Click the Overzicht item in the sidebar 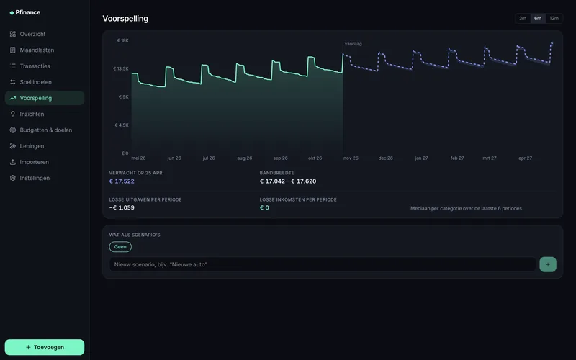(32, 34)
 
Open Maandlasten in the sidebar (37, 50)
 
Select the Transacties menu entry (35, 66)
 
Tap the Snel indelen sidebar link (35, 82)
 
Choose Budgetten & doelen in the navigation (45, 130)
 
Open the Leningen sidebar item (32, 146)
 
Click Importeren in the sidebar (34, 162)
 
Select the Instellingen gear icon (13, 178)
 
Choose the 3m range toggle (523, 19)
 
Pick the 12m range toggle (554, 19)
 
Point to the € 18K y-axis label (122, 40)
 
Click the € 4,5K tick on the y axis (122, 125)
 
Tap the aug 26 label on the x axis (245, 158)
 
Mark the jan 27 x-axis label (421, 158)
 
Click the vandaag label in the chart (354, 44)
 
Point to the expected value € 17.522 (122, 181)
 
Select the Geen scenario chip (120, 247)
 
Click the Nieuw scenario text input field (323, 264)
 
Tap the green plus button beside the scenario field (548, 264)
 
